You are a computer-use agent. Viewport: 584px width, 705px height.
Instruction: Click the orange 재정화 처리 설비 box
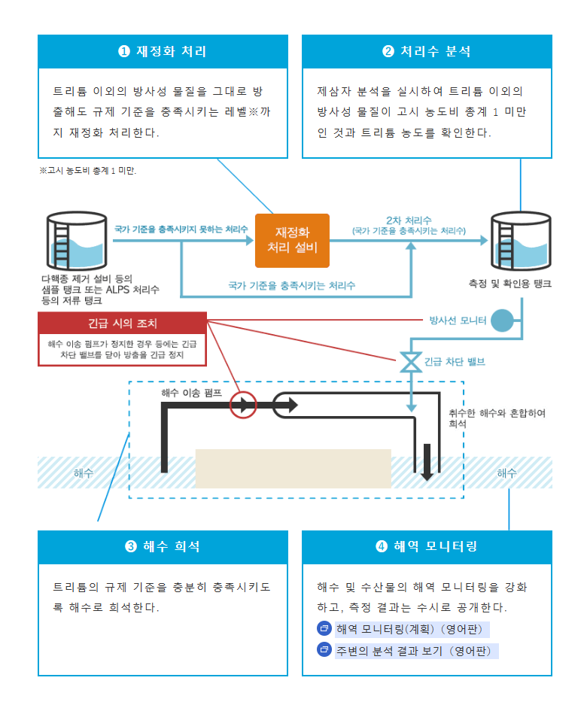click(x=292, y=240)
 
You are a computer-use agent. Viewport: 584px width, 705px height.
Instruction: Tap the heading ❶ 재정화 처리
click(x=163, y=52)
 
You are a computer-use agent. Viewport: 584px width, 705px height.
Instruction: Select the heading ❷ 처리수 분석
click(x=427, y=52)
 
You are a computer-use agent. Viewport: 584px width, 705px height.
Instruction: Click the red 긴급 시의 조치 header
click(x=122, y=324)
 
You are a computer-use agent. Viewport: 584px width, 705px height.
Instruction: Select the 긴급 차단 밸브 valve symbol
click(x=411, y=362)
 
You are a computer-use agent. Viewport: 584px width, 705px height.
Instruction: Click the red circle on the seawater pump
click(x=243, y=406)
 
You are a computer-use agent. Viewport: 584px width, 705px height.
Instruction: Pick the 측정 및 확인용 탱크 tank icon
click(x=521, y=241)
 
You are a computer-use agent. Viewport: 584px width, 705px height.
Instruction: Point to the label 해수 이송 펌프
click(x=191, y=393)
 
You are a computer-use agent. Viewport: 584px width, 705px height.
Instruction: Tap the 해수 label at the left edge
click(x=84, y=473)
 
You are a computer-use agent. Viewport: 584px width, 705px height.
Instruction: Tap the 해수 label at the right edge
click(x=506, y=473)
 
